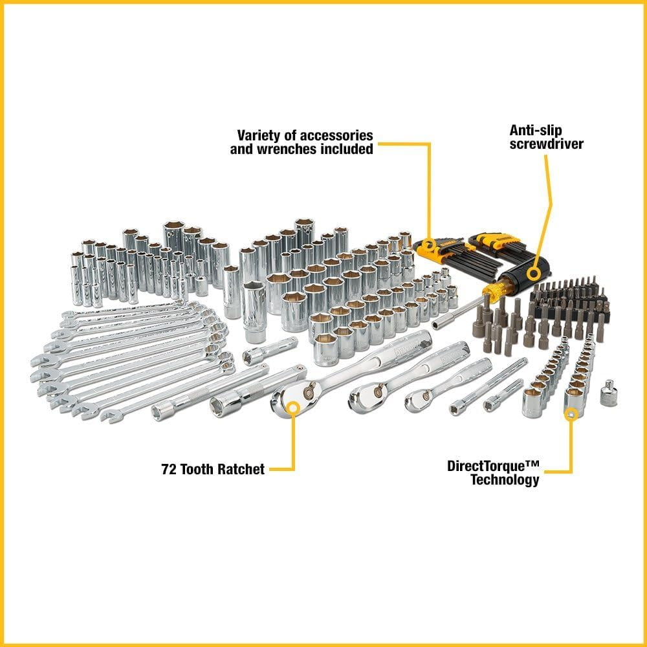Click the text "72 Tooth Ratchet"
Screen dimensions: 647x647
coord(213,470)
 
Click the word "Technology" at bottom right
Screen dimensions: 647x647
coord(505,480)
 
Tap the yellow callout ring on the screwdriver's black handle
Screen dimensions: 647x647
coord(533,272)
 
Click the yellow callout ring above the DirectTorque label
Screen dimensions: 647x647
coord(571,413)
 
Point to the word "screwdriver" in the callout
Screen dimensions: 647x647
coord(546,144)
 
